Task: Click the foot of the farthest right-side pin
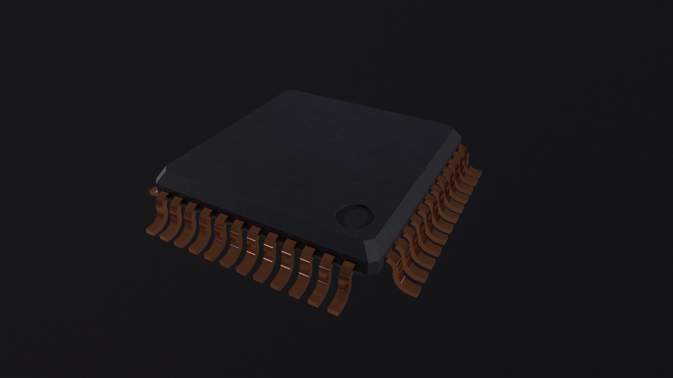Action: pos(477,173)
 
